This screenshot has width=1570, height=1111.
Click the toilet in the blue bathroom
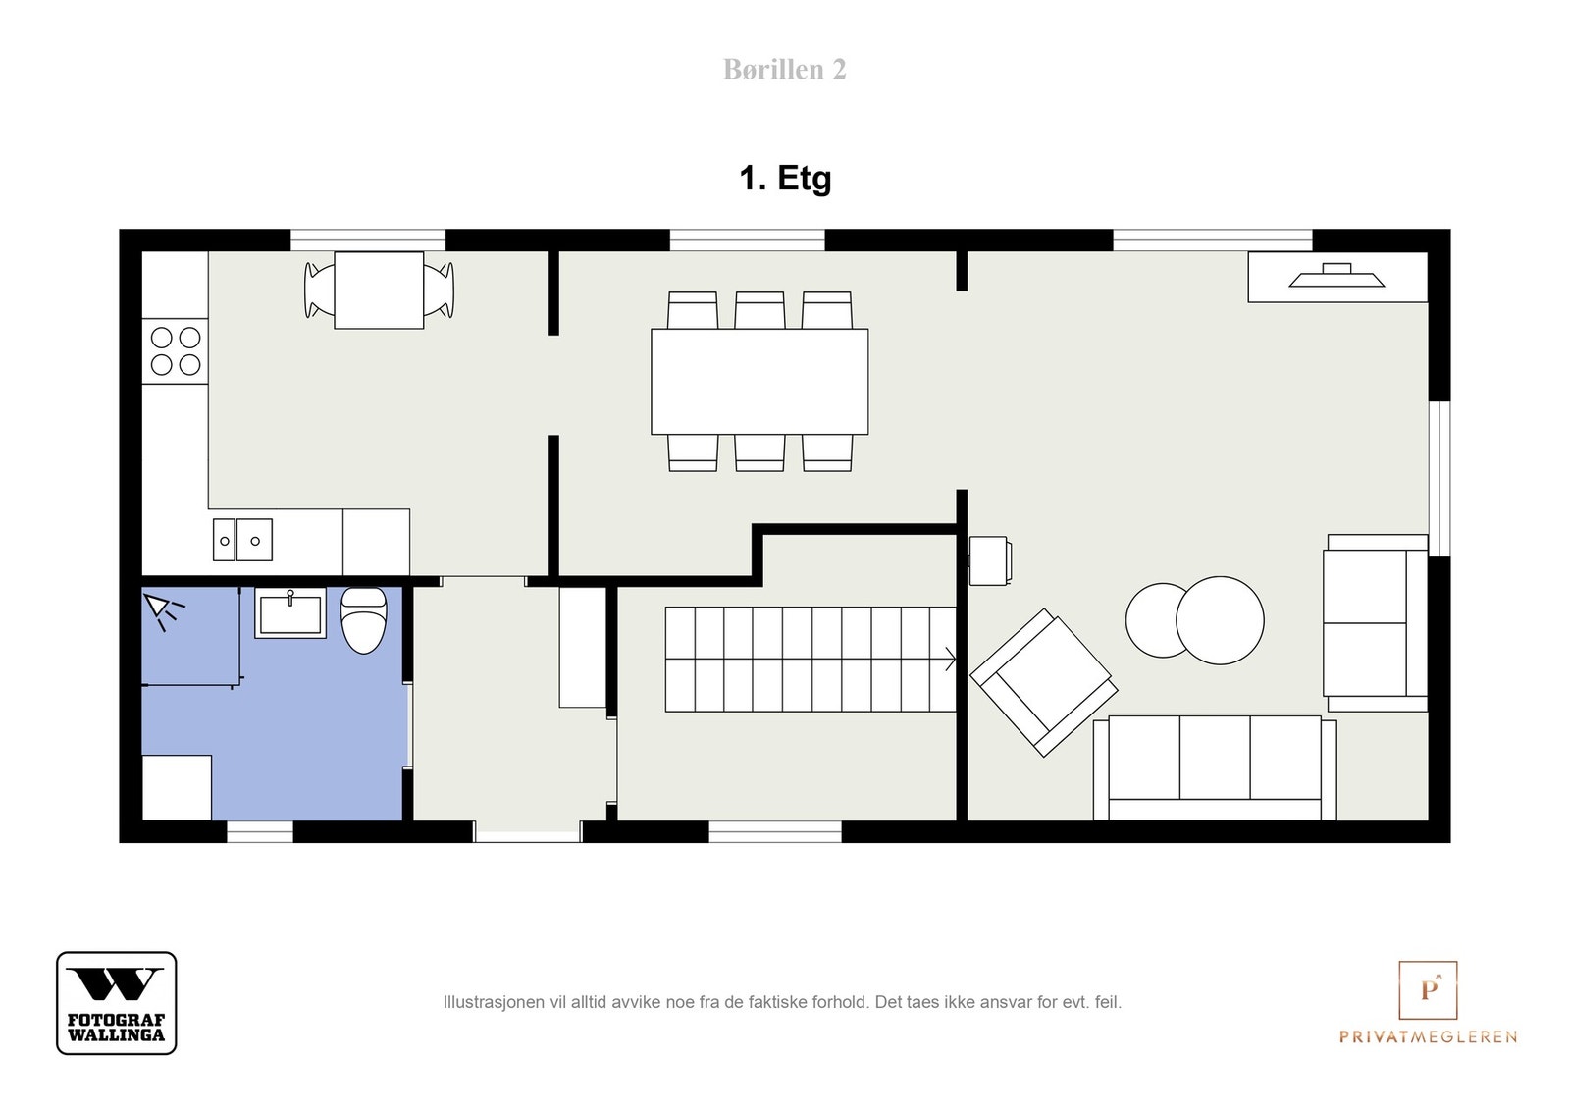(363, 620)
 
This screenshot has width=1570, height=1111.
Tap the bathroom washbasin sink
(290, 613)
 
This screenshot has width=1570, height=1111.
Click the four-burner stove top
(176, 351)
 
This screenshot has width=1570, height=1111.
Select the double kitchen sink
(242, 540)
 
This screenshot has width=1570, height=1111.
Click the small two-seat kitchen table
(379, 291)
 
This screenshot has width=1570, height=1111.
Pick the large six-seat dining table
(759, 382)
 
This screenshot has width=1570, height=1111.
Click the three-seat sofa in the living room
(1215, 767)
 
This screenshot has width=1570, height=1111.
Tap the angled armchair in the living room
(1044, 683)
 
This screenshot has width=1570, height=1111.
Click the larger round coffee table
(1221, 620)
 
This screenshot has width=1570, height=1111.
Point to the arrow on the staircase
(951, 660)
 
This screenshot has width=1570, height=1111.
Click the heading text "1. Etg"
(786, 178)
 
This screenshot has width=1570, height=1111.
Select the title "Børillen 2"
(785, 70)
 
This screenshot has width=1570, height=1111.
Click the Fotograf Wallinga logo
(117, 1003)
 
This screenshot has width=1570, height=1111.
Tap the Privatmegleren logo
(1429, 1002)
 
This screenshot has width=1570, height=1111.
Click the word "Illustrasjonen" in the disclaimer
(495, 1002)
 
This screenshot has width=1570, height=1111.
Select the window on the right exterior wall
(1439, 479)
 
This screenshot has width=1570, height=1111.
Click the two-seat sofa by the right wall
(1375, 623)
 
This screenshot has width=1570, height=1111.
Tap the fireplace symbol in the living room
(1337, 276)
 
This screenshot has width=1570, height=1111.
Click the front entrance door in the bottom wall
(529, 832)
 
